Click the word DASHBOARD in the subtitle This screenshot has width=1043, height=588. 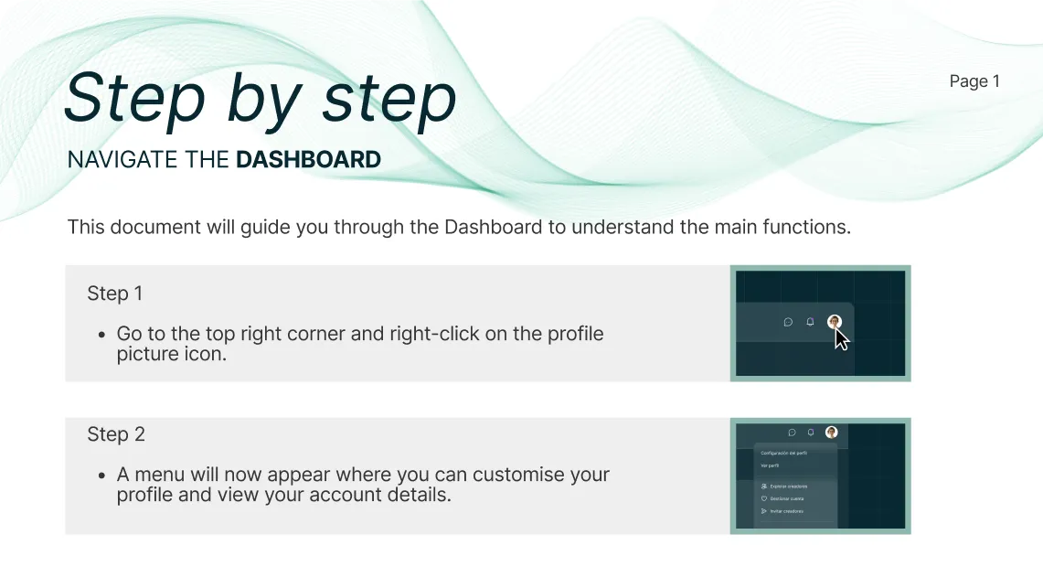pos(308,159)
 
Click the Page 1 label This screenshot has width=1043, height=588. pos(974,81)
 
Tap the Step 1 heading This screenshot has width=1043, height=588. pos(115,294)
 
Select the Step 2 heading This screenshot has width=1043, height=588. pos(116,434)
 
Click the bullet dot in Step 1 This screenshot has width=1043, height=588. pos(102,335)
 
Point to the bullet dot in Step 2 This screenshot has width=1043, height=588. pos(102,476)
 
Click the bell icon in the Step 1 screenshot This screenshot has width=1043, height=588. pos(810,322)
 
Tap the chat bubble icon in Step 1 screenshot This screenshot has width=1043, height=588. pos(789,322)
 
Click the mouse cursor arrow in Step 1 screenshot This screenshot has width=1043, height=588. pos(841,339)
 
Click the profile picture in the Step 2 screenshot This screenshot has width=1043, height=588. pos(831,433)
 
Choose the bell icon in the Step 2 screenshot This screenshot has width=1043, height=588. pos(811,433)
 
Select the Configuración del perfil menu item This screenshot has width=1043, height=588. pos(784,453)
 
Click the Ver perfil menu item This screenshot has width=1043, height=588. pos(769,465)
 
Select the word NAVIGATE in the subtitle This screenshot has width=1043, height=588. pos(122,159)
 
